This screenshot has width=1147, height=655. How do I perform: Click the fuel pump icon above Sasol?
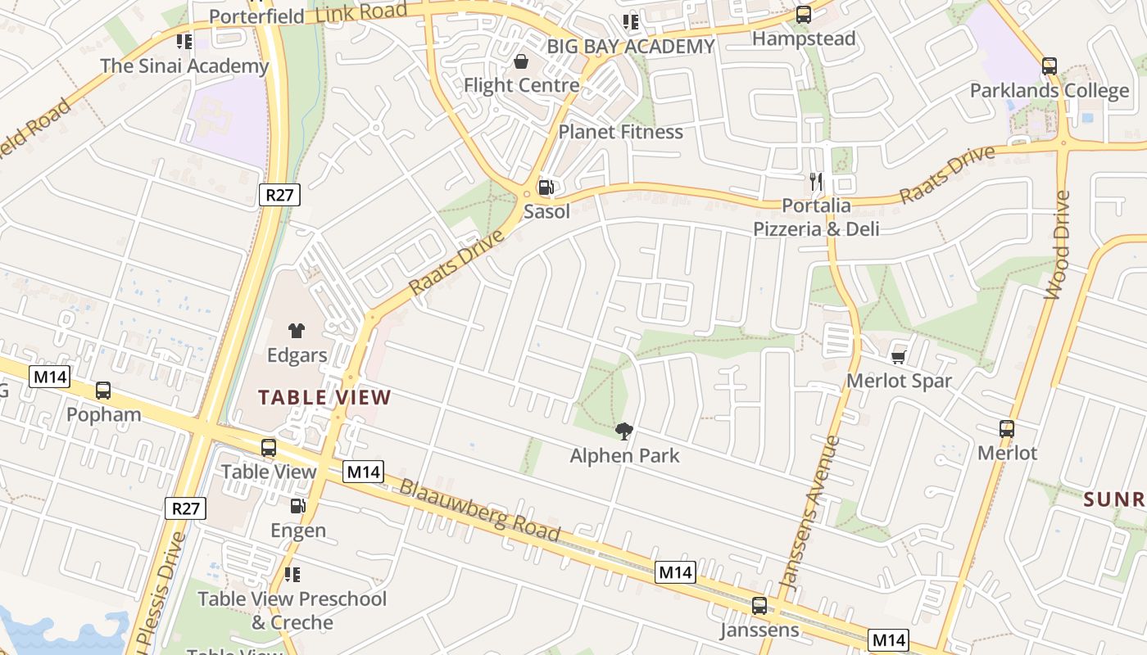click(546, 187)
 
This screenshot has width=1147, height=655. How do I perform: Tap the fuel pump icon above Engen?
click(297, 507)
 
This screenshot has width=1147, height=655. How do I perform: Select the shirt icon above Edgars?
click(297, 331)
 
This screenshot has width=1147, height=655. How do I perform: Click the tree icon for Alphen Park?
click(624, 431)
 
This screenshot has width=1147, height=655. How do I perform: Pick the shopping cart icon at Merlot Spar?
click(899, 357)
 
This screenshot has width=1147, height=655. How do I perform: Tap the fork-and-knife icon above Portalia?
click(815, 181)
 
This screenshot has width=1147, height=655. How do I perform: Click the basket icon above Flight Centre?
click(521, 61)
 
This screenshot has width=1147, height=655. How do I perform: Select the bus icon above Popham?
click(103, 391)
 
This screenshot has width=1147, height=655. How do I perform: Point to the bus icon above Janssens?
click(759, 607)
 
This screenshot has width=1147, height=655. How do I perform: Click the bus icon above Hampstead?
click(804, 15)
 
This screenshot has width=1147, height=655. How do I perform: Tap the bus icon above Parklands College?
click(1050, 66)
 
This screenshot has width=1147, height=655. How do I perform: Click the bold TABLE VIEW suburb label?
click(324, 398)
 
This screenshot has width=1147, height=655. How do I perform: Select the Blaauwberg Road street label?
click(479, 510)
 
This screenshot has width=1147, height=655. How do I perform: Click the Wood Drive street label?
click(1057, 245)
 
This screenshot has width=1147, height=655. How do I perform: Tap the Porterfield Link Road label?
click(308, 13)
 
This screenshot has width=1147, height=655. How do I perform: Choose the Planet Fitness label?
click(620, 132)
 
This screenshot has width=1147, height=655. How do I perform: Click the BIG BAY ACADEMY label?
click(631, 47)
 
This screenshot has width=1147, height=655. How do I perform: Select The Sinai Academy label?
click(184, 66)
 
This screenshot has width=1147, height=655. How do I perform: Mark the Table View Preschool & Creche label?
click(292, 610)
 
